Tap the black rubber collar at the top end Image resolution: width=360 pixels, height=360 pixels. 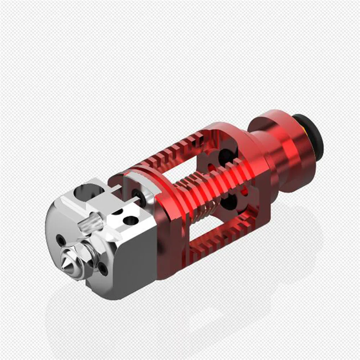click(x=310, y=135)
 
